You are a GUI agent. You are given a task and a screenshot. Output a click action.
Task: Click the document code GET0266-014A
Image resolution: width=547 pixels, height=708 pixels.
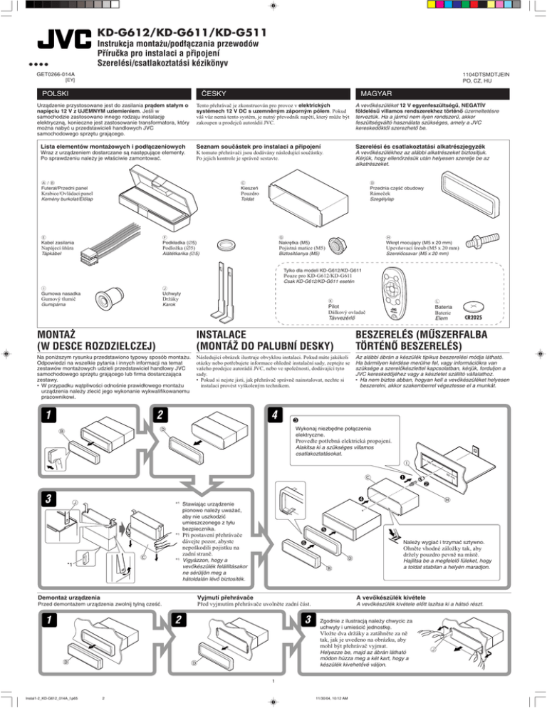click(56, 73)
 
